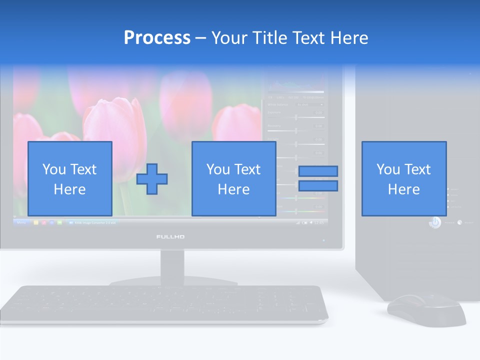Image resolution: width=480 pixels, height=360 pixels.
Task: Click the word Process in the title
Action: tap(157, 38)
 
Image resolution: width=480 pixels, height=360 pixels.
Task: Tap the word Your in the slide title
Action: tap(230, 38)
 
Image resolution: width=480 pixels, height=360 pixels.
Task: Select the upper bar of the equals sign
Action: tap(318, 171)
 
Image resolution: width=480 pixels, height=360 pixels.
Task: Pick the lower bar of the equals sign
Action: tap(318, 186)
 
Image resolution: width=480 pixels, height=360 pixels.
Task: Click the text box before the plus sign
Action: tap(70, 178)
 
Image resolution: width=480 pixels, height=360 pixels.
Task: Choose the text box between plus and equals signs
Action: tap(234, 178)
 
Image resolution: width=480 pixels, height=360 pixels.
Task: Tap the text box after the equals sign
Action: tap(404, 178)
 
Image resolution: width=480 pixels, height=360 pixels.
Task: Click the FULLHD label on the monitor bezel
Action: tap(170, 236)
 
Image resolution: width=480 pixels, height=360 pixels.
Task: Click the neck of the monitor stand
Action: tap(172, 265)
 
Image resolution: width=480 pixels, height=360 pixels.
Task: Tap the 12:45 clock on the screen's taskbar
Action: tap(318, 222)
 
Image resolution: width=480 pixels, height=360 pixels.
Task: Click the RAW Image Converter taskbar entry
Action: tap(92, 222)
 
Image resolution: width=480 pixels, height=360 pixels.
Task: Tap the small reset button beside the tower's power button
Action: tap(459, 222)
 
